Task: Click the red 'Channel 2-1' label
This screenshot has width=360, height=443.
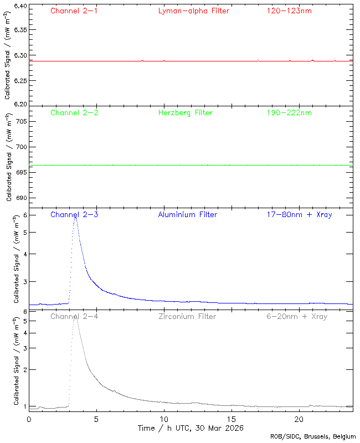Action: [x=74, y=11]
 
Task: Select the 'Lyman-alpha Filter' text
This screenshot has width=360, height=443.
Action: [x=193, y=11]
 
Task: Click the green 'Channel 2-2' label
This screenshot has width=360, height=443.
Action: [x=74, y=113]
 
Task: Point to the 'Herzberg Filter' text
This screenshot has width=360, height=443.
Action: [x=186, y=113]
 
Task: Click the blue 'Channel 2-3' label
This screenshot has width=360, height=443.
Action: [x=74, y=215]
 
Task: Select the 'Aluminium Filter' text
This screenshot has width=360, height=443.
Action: [x=188, y=215]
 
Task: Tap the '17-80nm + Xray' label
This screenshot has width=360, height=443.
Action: [x=297, y=215]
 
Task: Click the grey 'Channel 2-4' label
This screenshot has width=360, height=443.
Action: [x=74, y=317]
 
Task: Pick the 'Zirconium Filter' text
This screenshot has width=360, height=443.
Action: [x=187, y=317]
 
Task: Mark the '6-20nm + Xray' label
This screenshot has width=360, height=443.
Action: [x=297, y=317]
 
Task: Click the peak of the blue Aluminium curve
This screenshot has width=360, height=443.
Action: [x=75, y=217]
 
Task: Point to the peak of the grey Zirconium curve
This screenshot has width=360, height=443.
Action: [x=75, y=318]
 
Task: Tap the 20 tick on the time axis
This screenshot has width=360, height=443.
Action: [x=299, y=419]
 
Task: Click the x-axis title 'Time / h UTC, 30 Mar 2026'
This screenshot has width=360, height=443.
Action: [x=191, y=428]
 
